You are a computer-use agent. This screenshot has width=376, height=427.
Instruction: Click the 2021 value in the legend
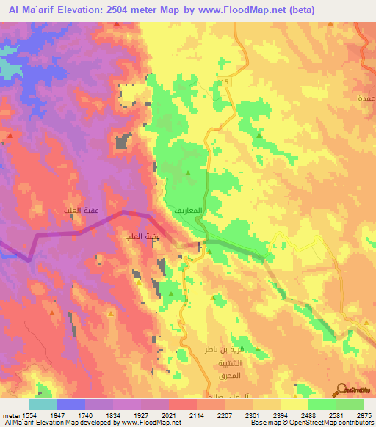[x=169, y=415]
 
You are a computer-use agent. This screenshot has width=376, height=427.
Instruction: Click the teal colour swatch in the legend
[x=43, y=404]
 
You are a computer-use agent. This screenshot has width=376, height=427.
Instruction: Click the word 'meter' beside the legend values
[x=10, y=415]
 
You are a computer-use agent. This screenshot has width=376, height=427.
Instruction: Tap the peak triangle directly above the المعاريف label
[x=189, y=172]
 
